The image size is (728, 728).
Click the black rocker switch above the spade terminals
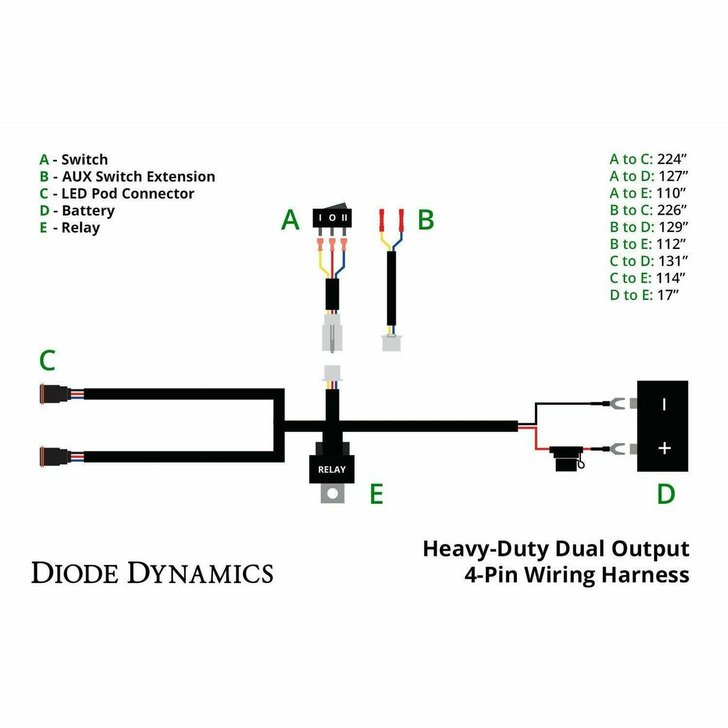point(332,217)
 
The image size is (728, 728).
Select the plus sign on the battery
point(664,448)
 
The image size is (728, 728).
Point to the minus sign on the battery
point(664,404)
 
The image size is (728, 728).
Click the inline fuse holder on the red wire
point(567,457)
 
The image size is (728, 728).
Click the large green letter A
point(290,220)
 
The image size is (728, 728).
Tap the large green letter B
point(425,220)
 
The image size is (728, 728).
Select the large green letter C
point(47,360)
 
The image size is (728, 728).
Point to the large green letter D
point(666,494)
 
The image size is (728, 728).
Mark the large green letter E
point(376,494)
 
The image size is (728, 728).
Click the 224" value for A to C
point(671,159)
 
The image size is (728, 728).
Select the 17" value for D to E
point(667,295)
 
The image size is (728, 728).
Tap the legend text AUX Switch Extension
point(138,176)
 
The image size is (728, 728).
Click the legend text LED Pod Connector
point(128,194)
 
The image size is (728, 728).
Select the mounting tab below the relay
point(332,493)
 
